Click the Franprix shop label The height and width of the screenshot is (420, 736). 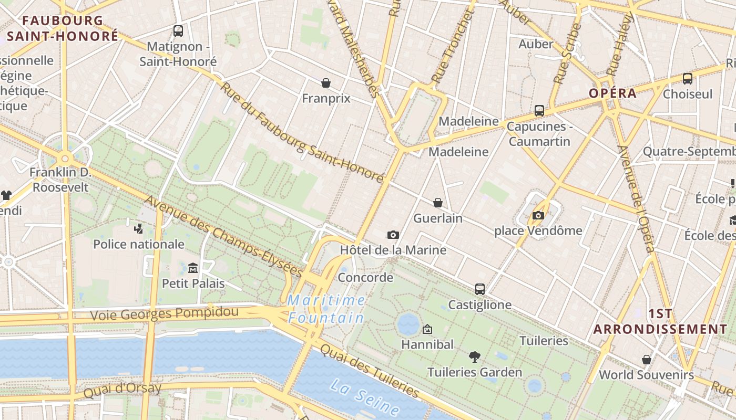pyautogui.click(x=326, y=98)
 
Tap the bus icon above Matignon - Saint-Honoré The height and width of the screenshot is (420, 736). pyautogui.click(x=178, y=31)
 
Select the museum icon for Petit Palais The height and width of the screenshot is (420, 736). pyautogui.click(x=193, y=268)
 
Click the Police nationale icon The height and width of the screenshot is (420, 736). pyautogui.click(x=138, y=228)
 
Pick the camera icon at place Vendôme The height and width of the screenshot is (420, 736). pyautogui.click(x=538, y=215)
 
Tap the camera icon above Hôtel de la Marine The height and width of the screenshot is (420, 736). pyautogui.click(x=393, y=235)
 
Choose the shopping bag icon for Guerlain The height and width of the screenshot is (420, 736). pyautogui.click(x=438, y=203)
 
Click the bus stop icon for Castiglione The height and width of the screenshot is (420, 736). pyautogui.click(x=479, y=289)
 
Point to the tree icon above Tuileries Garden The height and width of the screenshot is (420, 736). pyautogui.click(x=475, y=357)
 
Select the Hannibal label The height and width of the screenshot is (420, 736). pyautogui.click(x=427, y=344)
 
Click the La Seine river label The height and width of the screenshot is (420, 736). pyautogui.click(x=365, y=397)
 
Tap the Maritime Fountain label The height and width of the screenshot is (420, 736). pyautogui.click(x=326, y=309)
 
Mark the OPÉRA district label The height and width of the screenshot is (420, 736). pyautogui.click(x=612, y=93)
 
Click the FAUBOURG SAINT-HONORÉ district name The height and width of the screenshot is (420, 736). pyautogui.click(x=63, y=28)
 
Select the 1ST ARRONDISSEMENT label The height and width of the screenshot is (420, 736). pyautogui.click(x=660, y=321)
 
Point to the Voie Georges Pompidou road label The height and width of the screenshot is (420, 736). pyautogui.click(x=164, y=313)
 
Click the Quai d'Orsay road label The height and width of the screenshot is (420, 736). pyautogui.click(x=122, y=389)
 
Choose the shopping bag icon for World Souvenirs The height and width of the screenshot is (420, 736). pyautogui.click(x=647, y=360)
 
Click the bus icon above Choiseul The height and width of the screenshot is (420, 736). pyautogui.click(x=687, y=79)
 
